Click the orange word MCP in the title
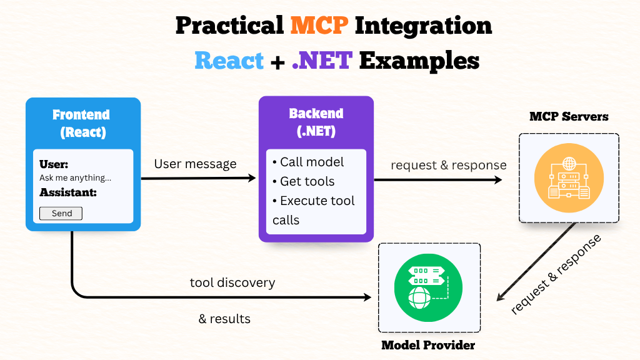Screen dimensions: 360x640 pyautogui.click(x=319, y=26)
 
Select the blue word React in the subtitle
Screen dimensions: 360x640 pyautogui.click(x=229, y=61)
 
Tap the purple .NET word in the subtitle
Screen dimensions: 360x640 pyautogui.click(x=322, y=61)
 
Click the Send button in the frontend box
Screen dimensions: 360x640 pyautogui.click(x=61, y=213)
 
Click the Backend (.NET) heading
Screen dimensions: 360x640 pyautogui.click(x=316, y=122)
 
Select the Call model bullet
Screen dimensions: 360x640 pyautogui.click(x=308, y=162)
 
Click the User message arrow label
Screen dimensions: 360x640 pyautogui.click(x=195, y=164)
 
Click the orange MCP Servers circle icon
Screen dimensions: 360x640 pyautogui.click(x=569, y=177)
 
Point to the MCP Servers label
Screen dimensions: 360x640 pyautogui.click(x=569, y=116)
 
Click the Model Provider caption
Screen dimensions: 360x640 pyautogui.click(x=428, y=345)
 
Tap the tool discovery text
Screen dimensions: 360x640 pyautogui.click(x=232, y=282)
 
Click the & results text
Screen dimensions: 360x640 pyautogui.click(x=224, y=319)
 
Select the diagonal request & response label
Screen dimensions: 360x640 pyautogui.click(x=556, y=275)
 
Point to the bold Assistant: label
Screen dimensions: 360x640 pyautogui.click(x=68, y=192)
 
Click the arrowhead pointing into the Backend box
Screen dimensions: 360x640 pyautogui.click(x=252, y=178)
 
